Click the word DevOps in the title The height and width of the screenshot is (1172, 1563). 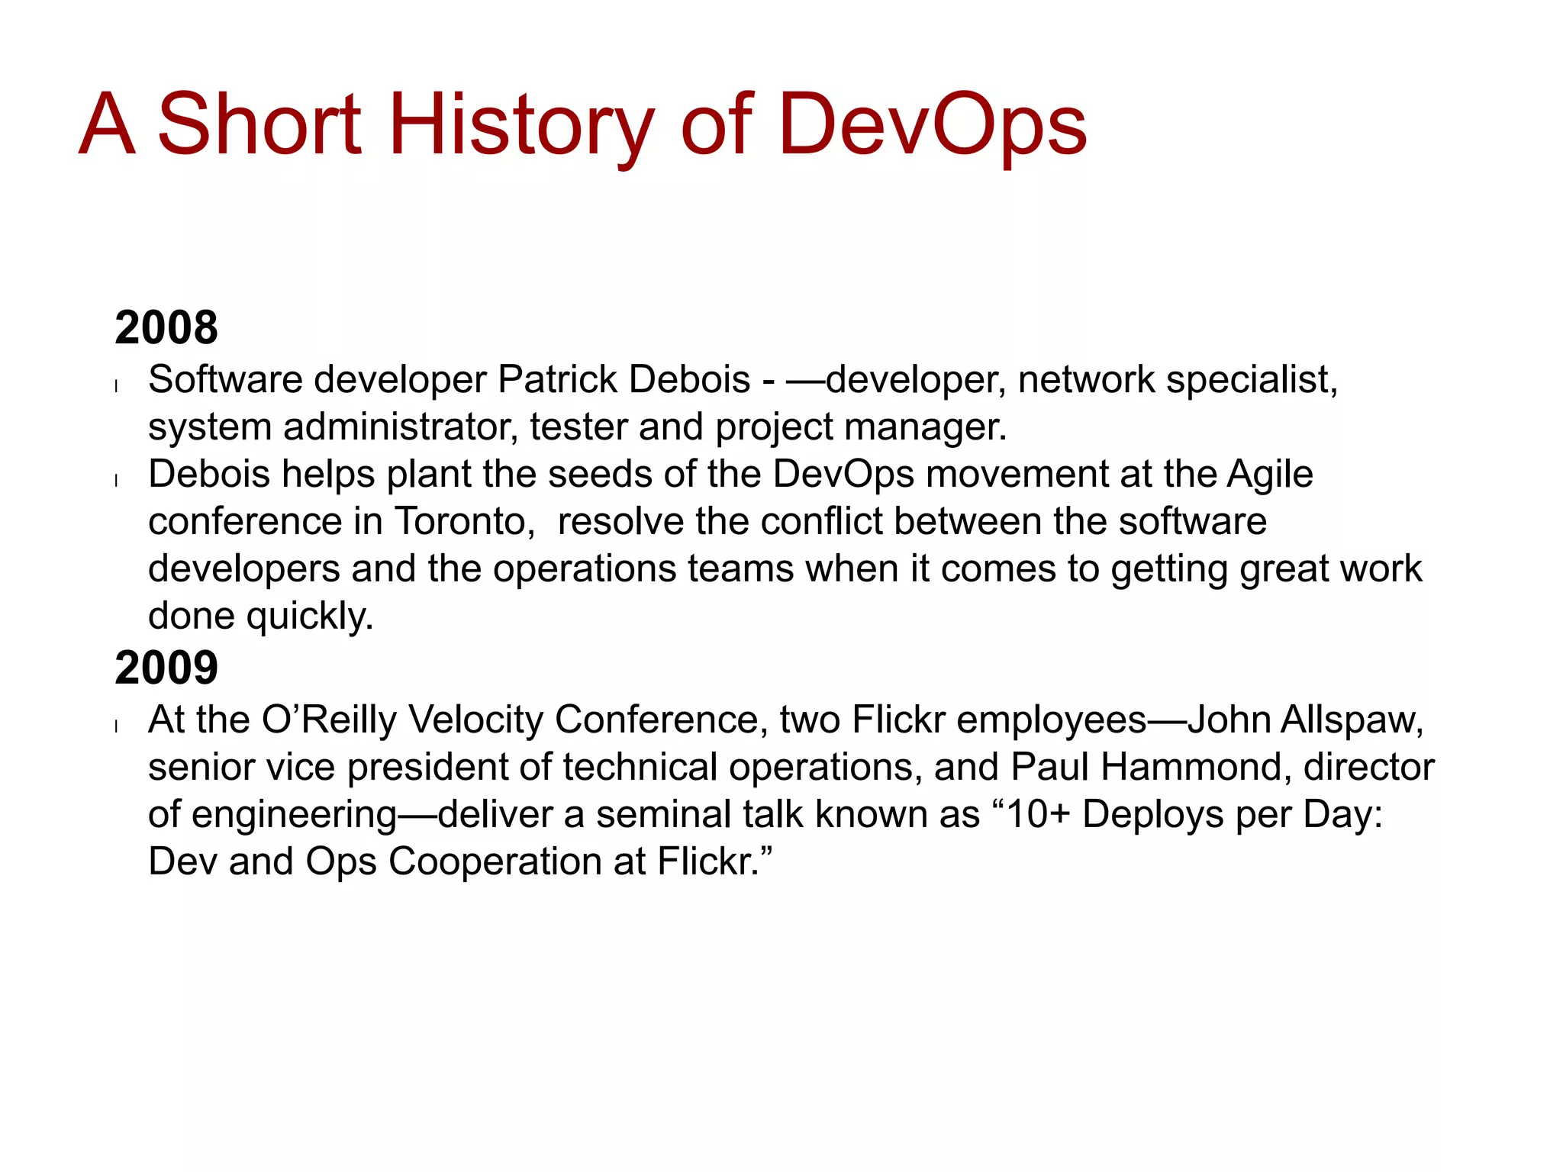(932, 124)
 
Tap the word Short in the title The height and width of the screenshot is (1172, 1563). (259, 124)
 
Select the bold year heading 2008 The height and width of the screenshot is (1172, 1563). (166, 327)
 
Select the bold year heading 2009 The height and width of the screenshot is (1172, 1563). (166, 668)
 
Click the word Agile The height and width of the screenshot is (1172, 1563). (1270, 475)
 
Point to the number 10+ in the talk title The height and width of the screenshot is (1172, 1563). (1039, 814)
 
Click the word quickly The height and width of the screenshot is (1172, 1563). (310, 617)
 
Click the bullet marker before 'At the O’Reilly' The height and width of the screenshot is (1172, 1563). (116, 726)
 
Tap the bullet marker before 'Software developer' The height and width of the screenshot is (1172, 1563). (116, 386)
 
